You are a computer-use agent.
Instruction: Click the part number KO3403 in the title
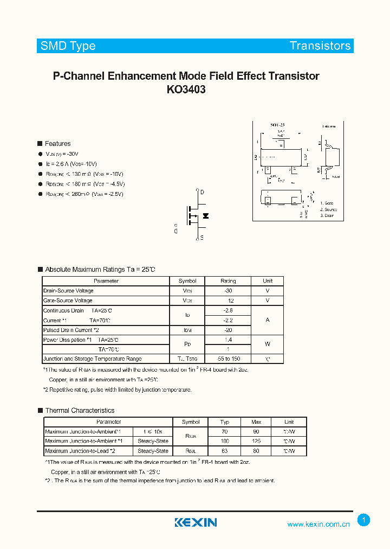point(186,90)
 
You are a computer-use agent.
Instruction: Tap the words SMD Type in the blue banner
point(68,46)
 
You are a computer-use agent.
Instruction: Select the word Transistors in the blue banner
point(320,46)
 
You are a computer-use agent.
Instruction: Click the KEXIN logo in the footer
point(196,522)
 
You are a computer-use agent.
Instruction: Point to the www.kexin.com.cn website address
point(318,524)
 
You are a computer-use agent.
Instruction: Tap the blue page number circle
point(364,520)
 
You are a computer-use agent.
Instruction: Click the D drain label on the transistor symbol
point(202,193)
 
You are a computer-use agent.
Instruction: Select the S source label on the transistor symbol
point(202,238)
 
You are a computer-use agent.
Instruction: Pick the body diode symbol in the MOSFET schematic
point(205,216)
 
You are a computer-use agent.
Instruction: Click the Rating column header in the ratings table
point(228,281)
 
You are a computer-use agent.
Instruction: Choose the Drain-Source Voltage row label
point(68,291)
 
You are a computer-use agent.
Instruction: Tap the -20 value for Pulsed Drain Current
point(228,330)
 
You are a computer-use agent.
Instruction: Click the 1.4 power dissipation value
point(228,339)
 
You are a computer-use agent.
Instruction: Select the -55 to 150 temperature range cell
point(228,359)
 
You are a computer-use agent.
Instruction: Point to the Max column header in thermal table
point(256,422)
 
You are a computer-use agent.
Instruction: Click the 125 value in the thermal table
point(256,441)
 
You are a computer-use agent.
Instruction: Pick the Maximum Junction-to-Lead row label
point(80,451)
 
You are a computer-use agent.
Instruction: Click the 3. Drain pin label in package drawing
point(327,216)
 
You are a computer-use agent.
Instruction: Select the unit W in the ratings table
point(267,344)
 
